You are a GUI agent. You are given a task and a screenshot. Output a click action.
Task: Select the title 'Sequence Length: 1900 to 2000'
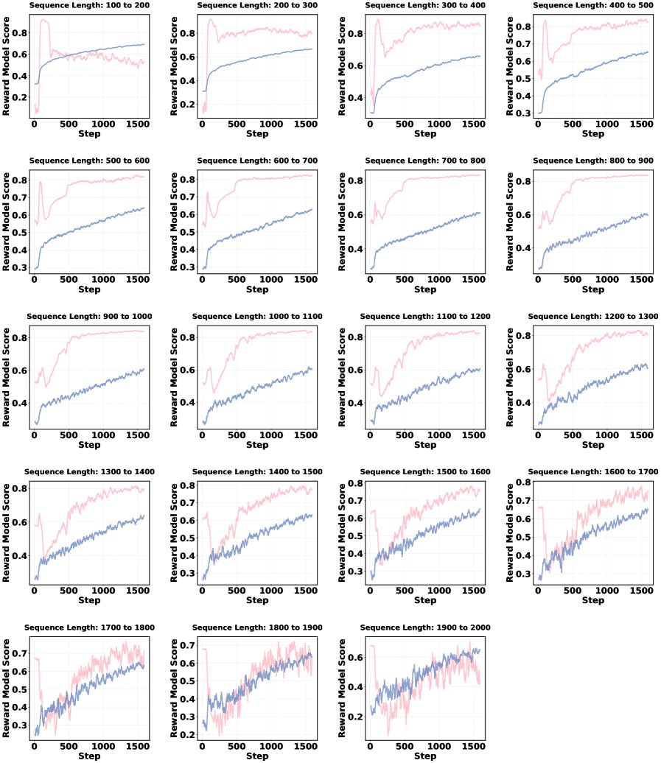point(424,627)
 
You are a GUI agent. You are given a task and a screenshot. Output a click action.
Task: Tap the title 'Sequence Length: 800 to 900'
point(592,161)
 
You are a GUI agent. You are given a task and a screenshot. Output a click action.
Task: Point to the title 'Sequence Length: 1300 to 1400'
point(88,471)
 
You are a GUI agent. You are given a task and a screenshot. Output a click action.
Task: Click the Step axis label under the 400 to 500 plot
point(592,134)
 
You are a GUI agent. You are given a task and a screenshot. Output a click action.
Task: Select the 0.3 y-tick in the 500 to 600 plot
point(18,267)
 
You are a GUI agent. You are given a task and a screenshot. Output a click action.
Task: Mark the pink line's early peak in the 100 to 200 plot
point(44,21)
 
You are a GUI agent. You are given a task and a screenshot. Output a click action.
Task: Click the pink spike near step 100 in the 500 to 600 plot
point(41,182)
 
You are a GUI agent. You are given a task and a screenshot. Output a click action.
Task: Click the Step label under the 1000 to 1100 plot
point(256,446)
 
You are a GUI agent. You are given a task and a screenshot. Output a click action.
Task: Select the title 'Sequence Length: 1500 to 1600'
point(424,471)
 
